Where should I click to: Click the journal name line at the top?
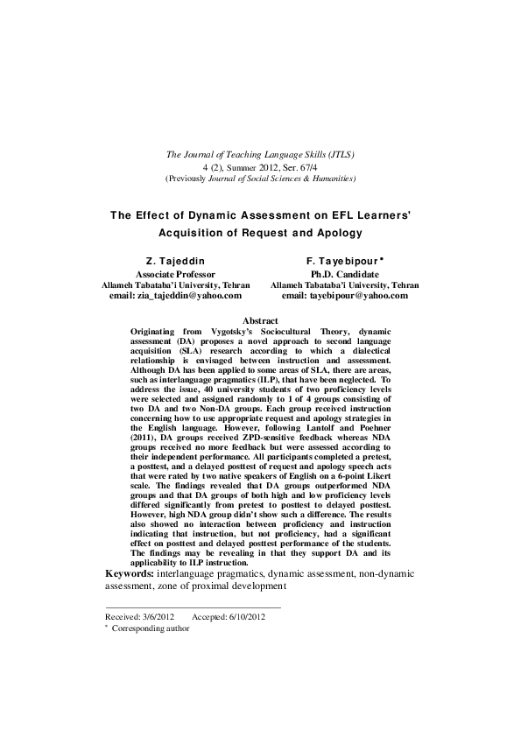coord(260,155)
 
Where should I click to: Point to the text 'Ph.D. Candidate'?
coord(344,274)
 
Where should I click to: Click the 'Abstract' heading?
coord(260,321)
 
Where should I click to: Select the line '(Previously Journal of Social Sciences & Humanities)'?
coord(260,178)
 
